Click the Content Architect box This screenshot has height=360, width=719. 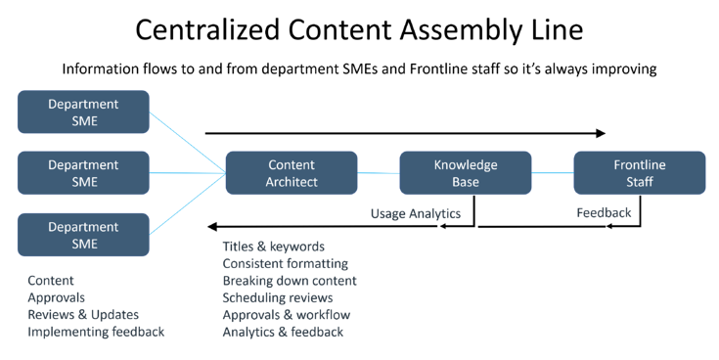(x=292, y=173)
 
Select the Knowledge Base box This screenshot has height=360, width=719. (x=466, y=173)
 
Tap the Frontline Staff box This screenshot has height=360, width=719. (x=639, y=173)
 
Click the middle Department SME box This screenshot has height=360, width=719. (x=83, y=173)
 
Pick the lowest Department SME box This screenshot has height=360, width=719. (x=83, y=235)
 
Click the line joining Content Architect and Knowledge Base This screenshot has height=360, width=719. (x=379, y=173)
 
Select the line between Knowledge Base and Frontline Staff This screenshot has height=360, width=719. (x=553, y=173)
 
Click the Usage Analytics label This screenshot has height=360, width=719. (x=415, y=213)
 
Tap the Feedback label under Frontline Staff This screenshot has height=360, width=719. (x=604, y=212)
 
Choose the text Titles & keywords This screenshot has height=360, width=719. (x=273, y=247)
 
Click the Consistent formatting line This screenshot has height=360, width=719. (x=285, y=263)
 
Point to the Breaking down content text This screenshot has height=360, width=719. (x=289, y=281)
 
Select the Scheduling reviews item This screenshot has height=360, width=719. (x=277, y=297)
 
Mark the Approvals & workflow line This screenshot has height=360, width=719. (x=286, y=315)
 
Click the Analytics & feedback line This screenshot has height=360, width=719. (x=283, y=333)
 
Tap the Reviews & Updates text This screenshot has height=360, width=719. (x=83, y=315)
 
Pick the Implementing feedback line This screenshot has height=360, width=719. (x=96, y=333)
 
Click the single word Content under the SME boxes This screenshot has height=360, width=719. (x=51, y=281)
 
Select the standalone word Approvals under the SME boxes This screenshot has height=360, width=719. (x=56, y=297)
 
